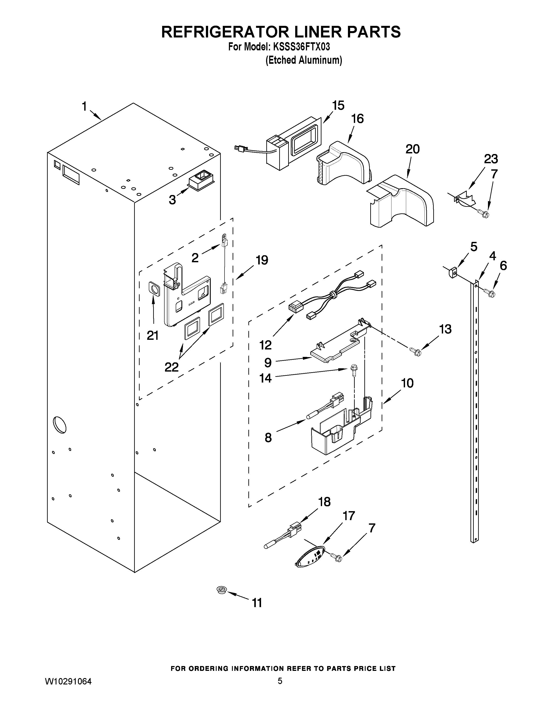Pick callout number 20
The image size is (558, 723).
[412, 149]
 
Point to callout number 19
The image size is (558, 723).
[262, 260]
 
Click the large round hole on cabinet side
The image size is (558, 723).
[59, 424]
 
